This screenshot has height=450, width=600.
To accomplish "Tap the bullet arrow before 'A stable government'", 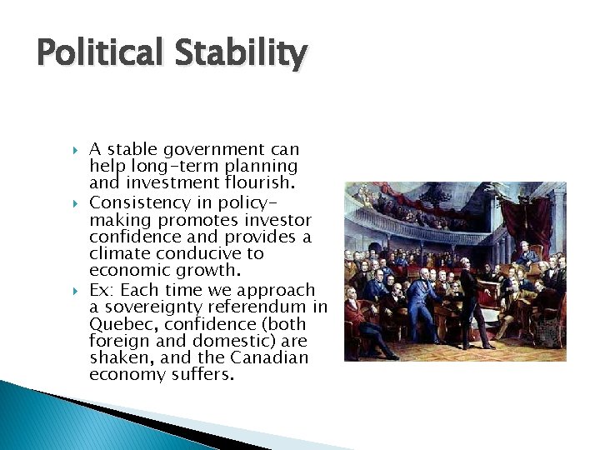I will [74, 151].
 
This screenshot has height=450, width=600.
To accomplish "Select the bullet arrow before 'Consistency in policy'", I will [74, 203].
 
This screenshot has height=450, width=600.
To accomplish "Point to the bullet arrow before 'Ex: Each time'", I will [74, 291].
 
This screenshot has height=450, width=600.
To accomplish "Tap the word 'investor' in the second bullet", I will [278, 220].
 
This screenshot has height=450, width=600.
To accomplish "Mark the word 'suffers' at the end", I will [207, 374].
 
